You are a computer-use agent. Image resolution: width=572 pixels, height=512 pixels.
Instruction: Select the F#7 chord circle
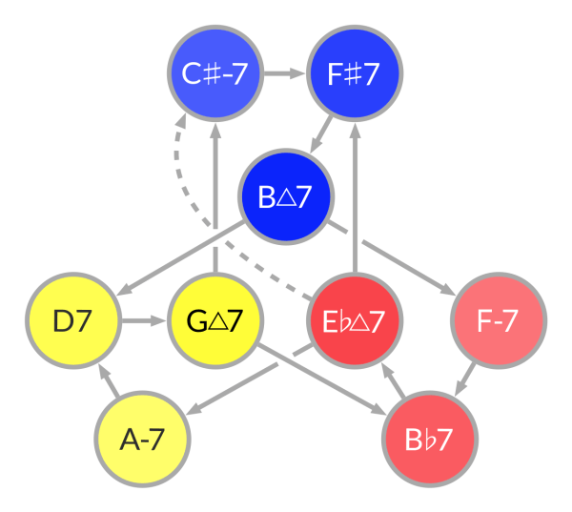click(x=356, y=73)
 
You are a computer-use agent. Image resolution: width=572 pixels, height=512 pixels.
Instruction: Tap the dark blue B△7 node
click(x=286, y=197)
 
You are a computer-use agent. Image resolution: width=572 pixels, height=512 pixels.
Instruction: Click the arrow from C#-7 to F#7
click(x=284, y=73)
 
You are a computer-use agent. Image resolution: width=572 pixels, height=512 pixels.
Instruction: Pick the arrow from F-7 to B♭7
click(x=463, y=379)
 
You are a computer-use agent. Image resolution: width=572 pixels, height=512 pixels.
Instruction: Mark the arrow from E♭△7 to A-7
click(x=253, y=381)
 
